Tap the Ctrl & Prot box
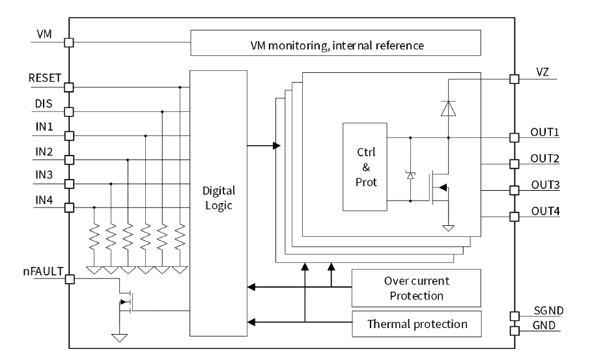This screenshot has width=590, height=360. (x=364, y=166)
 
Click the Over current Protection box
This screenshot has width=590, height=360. (x=416, y=287)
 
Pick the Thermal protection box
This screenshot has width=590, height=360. (x=416, y=323)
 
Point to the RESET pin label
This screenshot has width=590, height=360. (x=44, y=77)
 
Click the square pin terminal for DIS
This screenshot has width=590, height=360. (x=69, y=111)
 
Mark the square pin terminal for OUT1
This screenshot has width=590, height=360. (x=514, y=137)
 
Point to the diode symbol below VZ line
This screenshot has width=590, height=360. (x=448, y=108)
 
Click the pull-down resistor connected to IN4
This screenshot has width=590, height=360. (x=94, y=238)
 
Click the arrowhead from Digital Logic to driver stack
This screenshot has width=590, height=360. (x=276, y=145)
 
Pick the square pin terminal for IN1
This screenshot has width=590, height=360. (x=69, y=135)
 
